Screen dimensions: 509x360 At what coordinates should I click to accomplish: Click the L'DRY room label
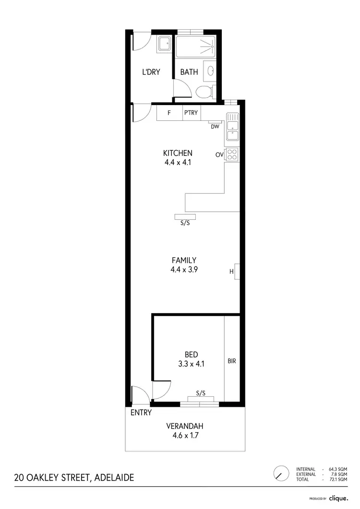point(151,72)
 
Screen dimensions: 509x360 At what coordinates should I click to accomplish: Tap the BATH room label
point(189,72)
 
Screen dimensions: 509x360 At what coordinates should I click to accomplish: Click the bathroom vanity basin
point(210,71)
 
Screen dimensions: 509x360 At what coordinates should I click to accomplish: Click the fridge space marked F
point(168,114)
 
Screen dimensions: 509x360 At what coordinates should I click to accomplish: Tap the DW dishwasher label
point(215,127)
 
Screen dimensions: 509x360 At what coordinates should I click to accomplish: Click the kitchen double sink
point(232,127)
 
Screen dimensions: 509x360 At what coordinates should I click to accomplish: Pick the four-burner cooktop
point(232,154)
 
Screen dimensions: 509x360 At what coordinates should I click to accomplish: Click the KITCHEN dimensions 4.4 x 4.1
point(178,163)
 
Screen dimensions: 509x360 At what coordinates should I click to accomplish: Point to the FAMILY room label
point(184,260)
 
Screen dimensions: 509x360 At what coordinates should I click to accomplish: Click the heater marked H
point(237,272)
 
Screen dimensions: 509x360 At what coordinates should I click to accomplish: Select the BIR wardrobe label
point(232,361)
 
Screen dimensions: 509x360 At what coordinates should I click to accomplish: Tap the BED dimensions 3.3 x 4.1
point(191,364)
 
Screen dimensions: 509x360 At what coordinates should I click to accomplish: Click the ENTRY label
point(141,413)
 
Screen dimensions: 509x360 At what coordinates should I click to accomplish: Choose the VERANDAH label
point(185,426)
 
